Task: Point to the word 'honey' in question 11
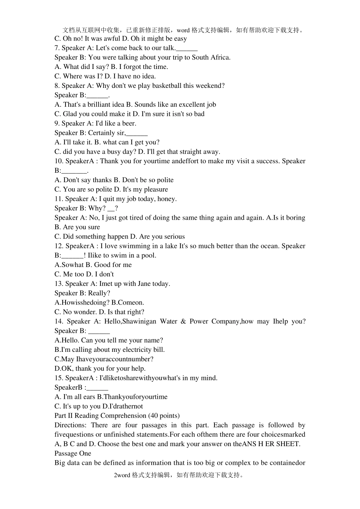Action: [167, 199]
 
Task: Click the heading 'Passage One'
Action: [73, 454]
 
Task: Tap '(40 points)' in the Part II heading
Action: [164, 416]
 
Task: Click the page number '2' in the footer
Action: [115, 475]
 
